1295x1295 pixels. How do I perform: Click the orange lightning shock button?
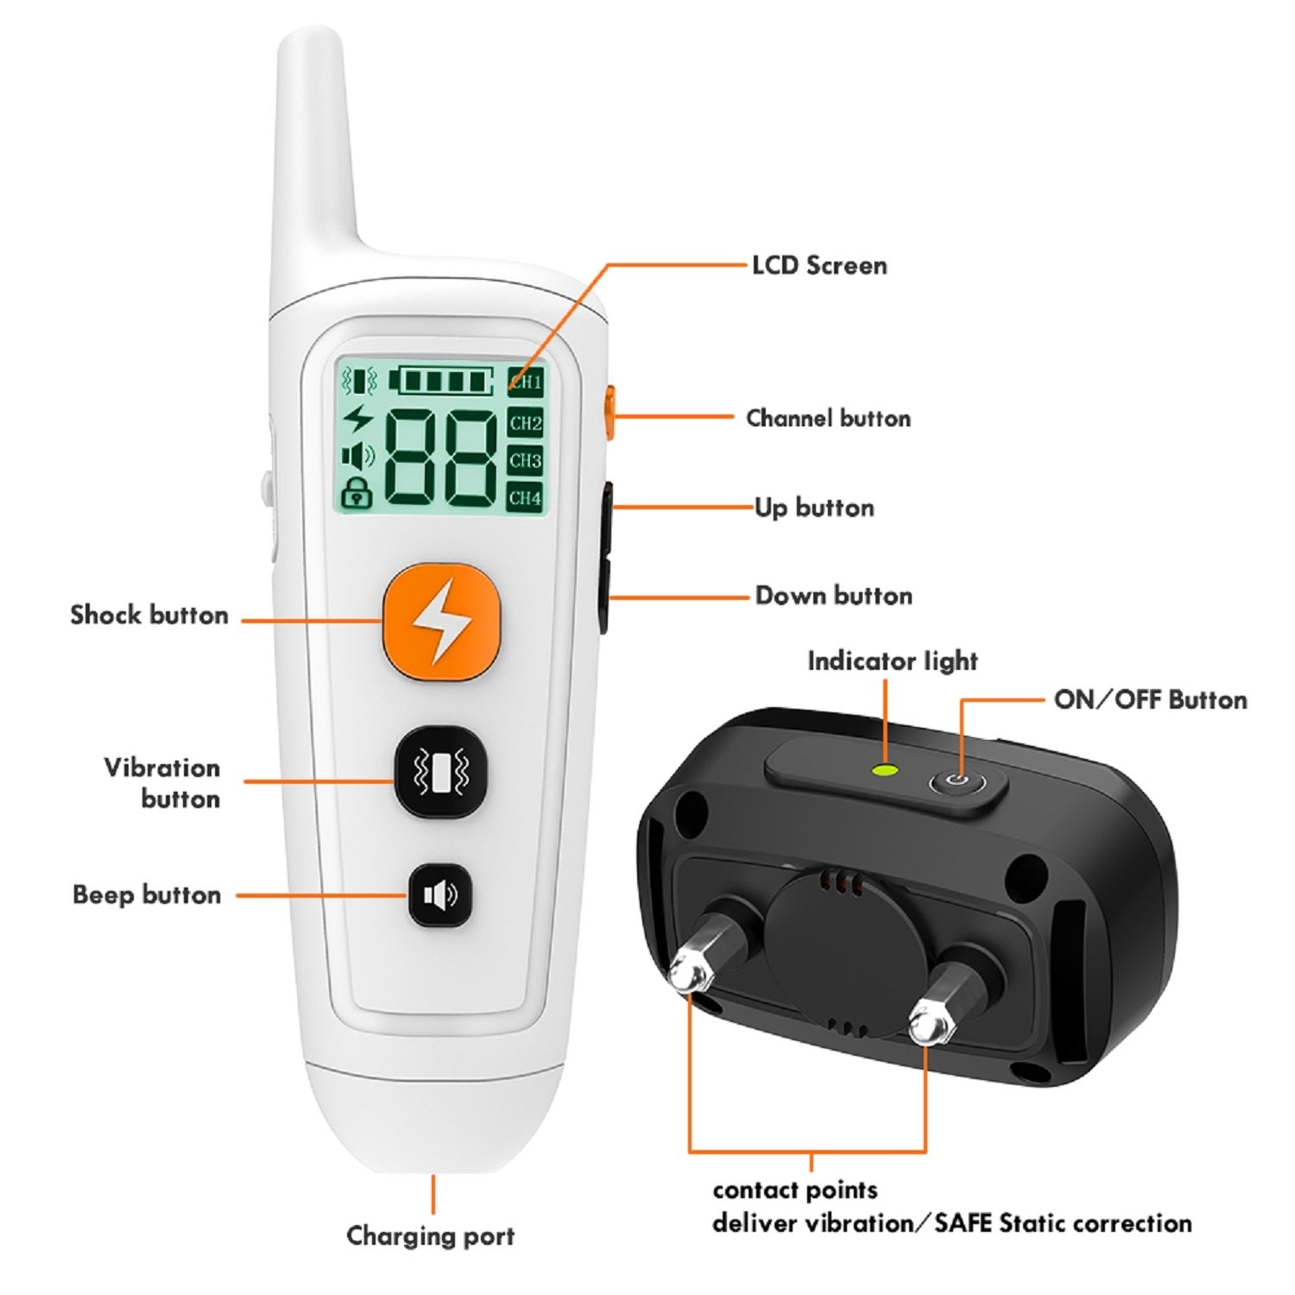pos(441,620)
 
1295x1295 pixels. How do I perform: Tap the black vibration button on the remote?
pos(441,772)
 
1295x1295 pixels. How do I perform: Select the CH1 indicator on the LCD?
pos(525,382)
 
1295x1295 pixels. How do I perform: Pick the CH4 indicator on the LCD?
pos(525,497)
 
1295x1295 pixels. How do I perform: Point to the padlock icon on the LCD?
pos(357,493)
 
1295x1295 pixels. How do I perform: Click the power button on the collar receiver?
pos(955,780)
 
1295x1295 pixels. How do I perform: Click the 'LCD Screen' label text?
pos(818,265)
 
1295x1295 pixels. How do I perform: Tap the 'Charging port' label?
pos(430,1235)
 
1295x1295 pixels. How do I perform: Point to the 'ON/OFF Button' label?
pos(1150,699)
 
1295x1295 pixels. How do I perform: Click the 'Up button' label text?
pos(814,507)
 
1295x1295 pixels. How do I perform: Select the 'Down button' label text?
pos(833,596)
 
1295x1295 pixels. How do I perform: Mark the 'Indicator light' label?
pos(892,661)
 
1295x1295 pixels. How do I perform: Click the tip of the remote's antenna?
pos(311,39)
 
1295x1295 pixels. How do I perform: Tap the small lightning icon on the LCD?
pos(357,420)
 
